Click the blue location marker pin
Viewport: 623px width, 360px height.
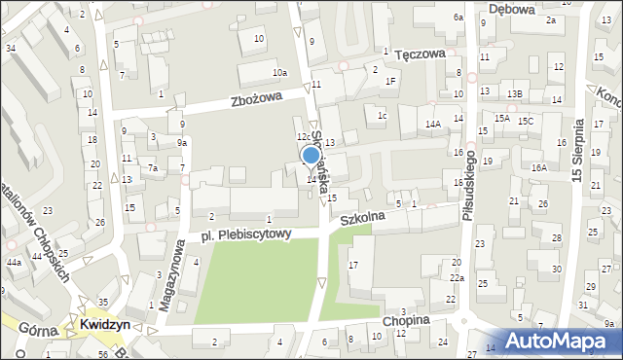pos(311,156)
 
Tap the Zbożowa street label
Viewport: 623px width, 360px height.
pos(256,98)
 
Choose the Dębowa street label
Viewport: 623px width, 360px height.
pos(512,9)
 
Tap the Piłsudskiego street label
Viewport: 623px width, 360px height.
pos(469,184)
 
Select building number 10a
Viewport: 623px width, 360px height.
pos(279,73)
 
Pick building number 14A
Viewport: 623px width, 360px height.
pos(433,124)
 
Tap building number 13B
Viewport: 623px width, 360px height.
pos(514,93)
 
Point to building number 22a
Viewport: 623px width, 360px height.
pos(457,279)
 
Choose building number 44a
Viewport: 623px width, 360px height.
pos(14,263)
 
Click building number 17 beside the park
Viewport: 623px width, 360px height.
pos(354,265)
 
